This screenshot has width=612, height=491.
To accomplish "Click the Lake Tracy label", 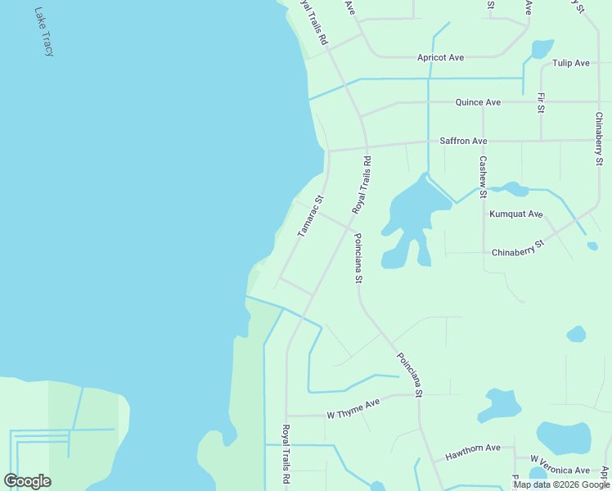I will [44, 33].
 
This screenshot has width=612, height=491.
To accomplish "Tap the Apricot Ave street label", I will [440, 57].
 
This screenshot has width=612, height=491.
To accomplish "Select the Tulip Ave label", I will [570, 63].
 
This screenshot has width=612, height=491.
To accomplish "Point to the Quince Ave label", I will [478, 102].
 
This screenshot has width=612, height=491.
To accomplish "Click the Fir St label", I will [541, 103].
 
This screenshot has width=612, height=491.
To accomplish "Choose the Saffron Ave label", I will [463, 142].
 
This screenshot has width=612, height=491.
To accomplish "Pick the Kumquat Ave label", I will [516, 214].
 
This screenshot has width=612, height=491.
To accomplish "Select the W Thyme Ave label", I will [353, 415].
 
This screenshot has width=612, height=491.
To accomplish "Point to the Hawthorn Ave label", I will [473, 448].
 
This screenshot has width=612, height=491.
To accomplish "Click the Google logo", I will [27, 481].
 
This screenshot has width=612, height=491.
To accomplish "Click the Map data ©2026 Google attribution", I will [562, 484].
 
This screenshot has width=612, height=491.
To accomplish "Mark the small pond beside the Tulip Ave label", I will [542, 49].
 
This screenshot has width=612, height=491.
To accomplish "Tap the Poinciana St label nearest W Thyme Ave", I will [409, 375].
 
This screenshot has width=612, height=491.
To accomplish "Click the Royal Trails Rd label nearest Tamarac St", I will [362, 186].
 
